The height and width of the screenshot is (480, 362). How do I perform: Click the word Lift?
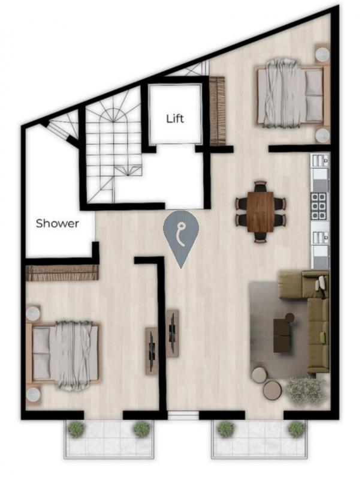(x=175, y=118)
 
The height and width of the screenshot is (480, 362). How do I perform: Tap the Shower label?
(x=57, y=223)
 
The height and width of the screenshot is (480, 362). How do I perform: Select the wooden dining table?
(x=261, y=212)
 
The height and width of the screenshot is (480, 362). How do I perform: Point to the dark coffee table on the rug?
(x=282, y=335)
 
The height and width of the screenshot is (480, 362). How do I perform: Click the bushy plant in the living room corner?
(x=306, y=391)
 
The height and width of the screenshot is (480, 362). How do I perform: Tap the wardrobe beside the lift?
(x=218, y=111)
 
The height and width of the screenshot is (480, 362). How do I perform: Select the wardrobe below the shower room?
(x=62, y=273)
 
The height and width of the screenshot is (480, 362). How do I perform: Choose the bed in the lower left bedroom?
(x=64, y=355)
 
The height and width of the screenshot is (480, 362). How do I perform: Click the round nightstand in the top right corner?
(x=322, y=55)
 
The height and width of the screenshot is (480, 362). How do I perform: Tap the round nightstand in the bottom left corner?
(x=33, y=395)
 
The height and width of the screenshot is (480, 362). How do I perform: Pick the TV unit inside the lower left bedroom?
(x=152, y=351)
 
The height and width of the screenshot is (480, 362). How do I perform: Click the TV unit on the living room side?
(x=173, y=334)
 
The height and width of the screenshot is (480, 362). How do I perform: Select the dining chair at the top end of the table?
(x=261, y=186)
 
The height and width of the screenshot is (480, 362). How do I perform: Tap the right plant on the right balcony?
(x=296, y=429)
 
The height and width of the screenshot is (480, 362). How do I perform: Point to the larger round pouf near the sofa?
(x=273, y=390)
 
